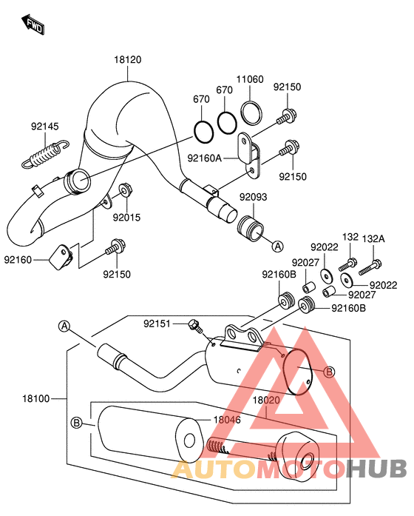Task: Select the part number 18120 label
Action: tap(127, 59)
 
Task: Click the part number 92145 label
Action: tap(44, 127)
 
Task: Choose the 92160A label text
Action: tap(204, 157)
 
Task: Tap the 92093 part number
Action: tap(253, 197)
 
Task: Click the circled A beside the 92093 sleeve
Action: tap(276, 245)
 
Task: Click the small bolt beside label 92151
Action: tap(195, 324)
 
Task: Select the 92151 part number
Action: tap(157, 324)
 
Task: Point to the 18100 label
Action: tap(35, 398)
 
